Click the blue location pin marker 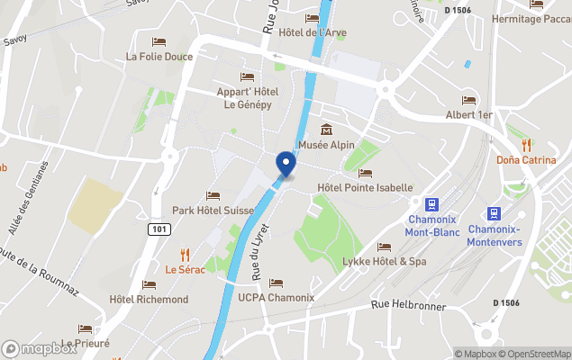click(286, 164)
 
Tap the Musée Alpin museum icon click(326, 130)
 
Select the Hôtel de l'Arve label click(313, 33)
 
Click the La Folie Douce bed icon click(159, 41)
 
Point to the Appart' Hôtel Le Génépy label click(248, 97)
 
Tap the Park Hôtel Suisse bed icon click(213, 194)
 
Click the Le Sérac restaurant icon click(186, 254)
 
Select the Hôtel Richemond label click(149, 299)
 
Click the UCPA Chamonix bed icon click(276, 283)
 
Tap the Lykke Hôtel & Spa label click(385, 261)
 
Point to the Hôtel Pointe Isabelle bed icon click(365, 173)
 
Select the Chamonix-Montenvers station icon click(494, 213)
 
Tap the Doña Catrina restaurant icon click(527, 144)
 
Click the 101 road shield click(158, 229)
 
